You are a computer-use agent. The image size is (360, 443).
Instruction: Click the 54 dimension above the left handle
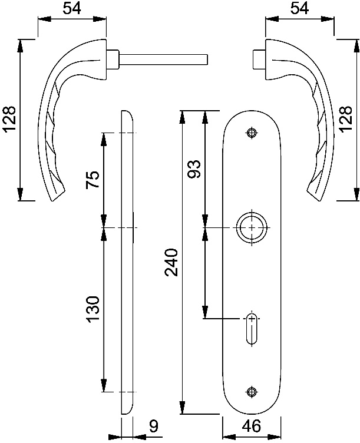[x=71, y=9]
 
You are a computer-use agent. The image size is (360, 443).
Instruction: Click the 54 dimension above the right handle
[x=299, y=9]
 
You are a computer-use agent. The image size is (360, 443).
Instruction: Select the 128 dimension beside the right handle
[x=346, y=119]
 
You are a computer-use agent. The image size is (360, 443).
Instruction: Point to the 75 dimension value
[x=93, y=180]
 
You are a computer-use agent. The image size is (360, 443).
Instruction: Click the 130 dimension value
[x=93, y=310]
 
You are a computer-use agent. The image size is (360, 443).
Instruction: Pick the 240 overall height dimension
[x=171, y=262]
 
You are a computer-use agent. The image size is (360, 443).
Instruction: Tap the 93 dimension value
[x=194, y=169]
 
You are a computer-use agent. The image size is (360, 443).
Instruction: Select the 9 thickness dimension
[x=153, y=426]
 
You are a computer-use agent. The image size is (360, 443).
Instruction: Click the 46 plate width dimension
[x=252, y=426]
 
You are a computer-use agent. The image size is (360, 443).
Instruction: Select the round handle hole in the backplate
[x=252, y=228]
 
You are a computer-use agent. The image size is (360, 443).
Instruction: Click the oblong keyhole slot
[x=252, y=329]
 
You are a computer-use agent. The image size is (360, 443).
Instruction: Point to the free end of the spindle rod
[x=207, y=59]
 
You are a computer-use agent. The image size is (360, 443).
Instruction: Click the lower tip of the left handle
[x=54, y=200]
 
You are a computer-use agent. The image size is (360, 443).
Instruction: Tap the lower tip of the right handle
[x=318, y=200]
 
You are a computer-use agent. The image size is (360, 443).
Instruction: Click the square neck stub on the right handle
[x=259, y=59]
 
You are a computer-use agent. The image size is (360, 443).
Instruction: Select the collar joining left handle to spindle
[x=113, y=59]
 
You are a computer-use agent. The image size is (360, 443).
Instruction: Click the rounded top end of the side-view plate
[x=127, y=113]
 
